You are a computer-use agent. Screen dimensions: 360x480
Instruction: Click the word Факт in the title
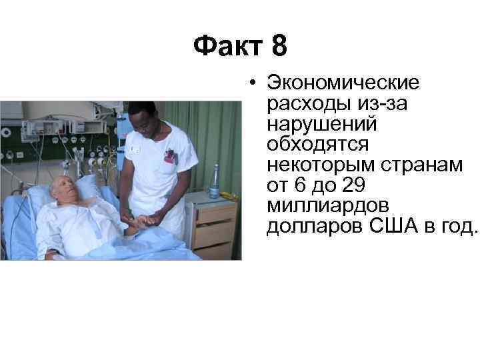pyautogui.click(x=227, y=47)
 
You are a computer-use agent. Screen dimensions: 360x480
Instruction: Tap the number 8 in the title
pyautogui.click(x=279, y=47)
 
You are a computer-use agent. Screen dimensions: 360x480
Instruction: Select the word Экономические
pyautogui.click(x=343, y=83)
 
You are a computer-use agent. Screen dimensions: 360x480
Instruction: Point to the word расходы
pyautogui.click(x=301, y=104)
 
